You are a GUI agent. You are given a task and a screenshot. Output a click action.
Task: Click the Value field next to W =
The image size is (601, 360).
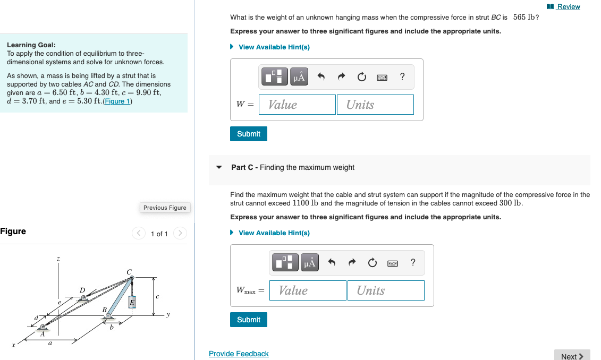(297, 105)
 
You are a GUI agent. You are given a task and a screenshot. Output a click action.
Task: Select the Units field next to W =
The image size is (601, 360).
(375, 105)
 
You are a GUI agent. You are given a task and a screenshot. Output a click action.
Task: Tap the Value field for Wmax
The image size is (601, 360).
(308, 290)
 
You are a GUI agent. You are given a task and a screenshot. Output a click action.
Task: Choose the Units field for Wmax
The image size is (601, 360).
(386, 290)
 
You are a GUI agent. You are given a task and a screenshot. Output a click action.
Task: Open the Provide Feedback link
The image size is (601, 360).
(239, 354)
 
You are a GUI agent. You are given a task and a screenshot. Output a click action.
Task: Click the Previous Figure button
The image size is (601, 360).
(165, 208)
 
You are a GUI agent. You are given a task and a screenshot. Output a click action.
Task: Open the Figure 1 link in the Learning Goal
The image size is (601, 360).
(117, 101)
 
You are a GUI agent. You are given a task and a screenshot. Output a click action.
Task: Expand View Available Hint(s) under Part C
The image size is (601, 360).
(274, 233)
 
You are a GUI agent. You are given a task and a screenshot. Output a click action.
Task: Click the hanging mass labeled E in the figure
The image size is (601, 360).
(132, 302)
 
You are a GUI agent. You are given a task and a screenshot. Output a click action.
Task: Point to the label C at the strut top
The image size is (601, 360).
(129, 272)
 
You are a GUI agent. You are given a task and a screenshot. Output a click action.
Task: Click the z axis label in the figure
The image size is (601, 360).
(58, 259)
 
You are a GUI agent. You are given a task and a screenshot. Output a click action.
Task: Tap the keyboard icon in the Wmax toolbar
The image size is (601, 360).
(393, 263)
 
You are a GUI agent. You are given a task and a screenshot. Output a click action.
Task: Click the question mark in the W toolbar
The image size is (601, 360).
(402, 76)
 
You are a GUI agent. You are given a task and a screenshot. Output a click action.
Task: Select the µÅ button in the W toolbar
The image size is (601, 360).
(299, 77)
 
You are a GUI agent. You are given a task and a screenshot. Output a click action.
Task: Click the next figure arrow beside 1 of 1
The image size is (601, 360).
(180, 234)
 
